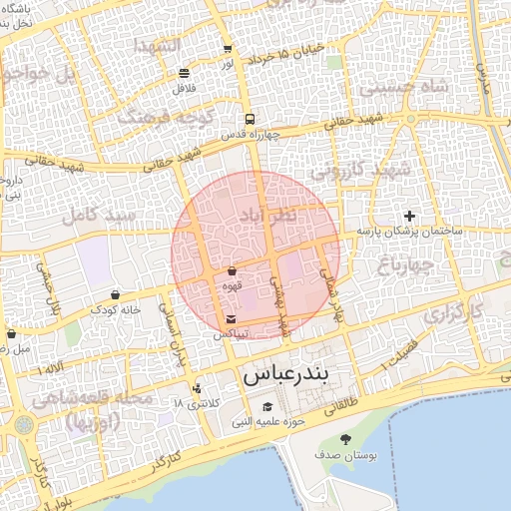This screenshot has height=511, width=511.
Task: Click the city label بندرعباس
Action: tap(292, 376)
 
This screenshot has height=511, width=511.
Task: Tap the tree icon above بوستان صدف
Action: tap(345, 439)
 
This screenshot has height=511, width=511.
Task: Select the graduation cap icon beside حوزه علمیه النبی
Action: tap(266, 406)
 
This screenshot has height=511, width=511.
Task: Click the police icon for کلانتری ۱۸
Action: tap(196, 388)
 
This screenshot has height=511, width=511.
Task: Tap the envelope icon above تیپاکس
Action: tap(232, 318)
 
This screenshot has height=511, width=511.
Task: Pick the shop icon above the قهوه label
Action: tap(232, 270)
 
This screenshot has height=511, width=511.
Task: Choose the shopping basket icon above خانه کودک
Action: tap(117, 294)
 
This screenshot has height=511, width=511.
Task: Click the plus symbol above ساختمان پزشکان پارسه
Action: tap(408, 216)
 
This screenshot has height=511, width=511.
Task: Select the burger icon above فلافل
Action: tap(184, 73)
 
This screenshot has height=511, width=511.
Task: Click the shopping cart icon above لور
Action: tap(228, 48)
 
